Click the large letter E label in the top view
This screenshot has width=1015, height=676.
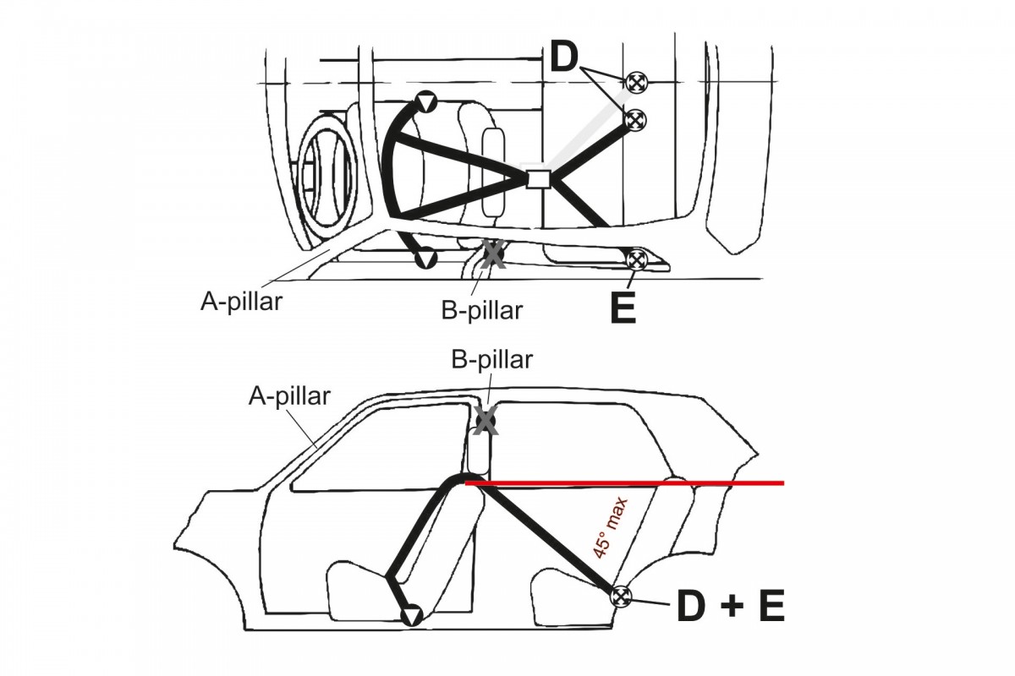[x=623, y=309]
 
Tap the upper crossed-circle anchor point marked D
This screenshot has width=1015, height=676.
[x=636, y=82]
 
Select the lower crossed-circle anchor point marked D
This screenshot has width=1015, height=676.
[x=636, y=120]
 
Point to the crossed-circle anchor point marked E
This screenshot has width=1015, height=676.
[x=636, y=259]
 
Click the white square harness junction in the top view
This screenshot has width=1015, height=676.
[x=539, y=178]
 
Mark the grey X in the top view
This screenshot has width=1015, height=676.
[x=493, y=254]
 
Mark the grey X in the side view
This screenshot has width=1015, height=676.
[x=485, y=420]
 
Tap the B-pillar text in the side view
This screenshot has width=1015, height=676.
[x=492, y=360]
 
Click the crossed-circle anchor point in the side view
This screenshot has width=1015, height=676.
[x=622, y=596]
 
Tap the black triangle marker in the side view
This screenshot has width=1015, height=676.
[x=411, y=615]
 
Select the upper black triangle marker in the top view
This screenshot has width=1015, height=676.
[x=428, y=103]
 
